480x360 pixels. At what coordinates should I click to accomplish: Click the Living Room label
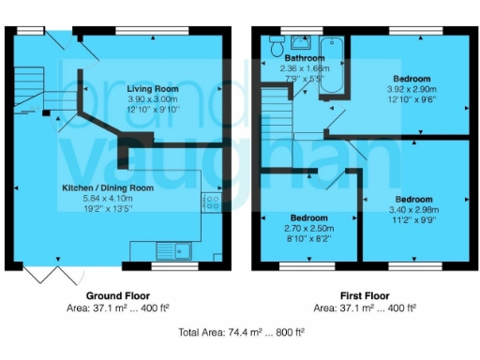click(x=153, y=88)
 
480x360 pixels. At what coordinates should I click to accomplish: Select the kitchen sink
click(x=174, y=249)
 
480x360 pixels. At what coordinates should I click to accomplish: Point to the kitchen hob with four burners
click(x=212, y=201)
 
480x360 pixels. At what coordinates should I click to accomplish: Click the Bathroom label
click(x=305, y=58)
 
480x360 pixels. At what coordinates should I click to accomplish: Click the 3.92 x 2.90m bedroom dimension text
click(x=412, y=88)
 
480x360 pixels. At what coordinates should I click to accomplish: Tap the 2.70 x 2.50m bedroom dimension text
click(x=307, y=228)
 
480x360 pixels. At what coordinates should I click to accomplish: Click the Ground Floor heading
click(x=117, y=296)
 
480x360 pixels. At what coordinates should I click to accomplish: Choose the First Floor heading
click(x=364, y=296)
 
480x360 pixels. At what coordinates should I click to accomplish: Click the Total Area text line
click(x=241, y=333)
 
